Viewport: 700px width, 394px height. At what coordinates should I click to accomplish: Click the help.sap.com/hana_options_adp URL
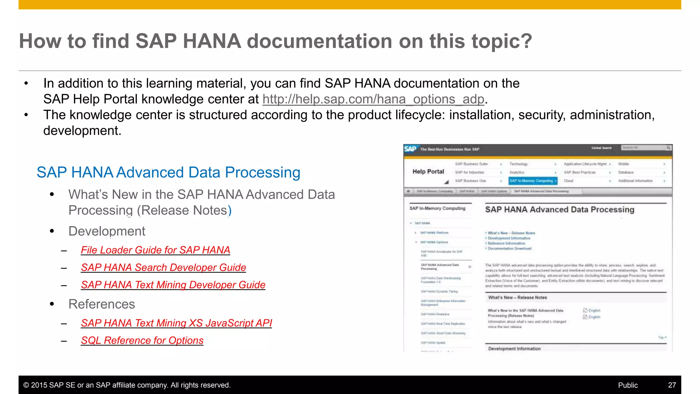(373, 99)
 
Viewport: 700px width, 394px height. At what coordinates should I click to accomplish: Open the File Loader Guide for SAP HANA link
(155, 250)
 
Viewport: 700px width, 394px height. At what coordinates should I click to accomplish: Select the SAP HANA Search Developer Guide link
(163, 267)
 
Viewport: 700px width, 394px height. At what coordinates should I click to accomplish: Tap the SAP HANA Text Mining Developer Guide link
(173, 285)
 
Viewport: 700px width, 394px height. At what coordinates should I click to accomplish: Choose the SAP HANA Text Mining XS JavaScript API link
(176, 323)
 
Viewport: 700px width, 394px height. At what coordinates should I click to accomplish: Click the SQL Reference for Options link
(142, 341)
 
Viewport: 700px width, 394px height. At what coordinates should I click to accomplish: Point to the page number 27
(672, 385)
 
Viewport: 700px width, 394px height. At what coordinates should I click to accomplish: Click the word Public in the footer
(628, 385)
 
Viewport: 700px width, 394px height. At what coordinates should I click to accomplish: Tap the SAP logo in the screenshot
(410, 149)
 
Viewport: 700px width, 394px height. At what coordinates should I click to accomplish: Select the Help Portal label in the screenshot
(428, 172)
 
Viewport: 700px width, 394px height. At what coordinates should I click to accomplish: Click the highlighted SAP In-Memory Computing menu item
(533, 181)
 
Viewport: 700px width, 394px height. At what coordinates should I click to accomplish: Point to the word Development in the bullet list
(107, 231)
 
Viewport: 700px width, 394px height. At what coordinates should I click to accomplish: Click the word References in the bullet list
(102, 304)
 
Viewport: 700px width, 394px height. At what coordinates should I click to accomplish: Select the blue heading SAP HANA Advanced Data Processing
(168, 172)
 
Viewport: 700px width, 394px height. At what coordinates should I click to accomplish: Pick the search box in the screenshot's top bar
(644, 148)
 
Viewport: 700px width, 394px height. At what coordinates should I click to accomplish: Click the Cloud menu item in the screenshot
(569, 181)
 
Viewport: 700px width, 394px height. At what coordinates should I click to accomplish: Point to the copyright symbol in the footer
(26, 385)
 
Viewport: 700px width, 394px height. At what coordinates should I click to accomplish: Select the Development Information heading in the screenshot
(514, 349)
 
